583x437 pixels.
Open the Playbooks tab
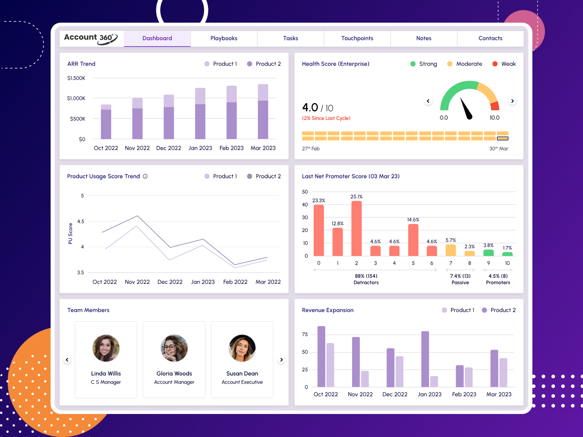click(223, 38)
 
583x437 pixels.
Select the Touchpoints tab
click(357, 38)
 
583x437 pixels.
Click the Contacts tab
click(490, 38)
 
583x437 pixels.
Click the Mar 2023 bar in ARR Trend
click(263, 113)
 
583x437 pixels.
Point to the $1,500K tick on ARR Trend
click(76, 78)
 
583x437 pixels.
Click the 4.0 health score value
click(310, 108)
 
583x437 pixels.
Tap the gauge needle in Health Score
click(466, 109)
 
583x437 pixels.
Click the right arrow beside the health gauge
click(512, 101)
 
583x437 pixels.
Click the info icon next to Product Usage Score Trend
click(145, 176)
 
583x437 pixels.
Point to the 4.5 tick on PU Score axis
click(81, 221)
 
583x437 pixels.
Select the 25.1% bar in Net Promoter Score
click(356, 229)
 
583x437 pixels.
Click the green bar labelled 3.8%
click(488, 253)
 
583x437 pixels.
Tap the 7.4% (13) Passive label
click(460, 279)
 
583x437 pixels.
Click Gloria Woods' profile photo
click(174, 348)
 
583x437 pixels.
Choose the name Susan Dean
click(242, 373)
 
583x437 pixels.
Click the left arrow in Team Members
click(67, 360)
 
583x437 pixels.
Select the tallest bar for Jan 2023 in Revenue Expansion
click(425, 359)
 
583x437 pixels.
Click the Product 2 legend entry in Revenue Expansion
click(499, 310)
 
